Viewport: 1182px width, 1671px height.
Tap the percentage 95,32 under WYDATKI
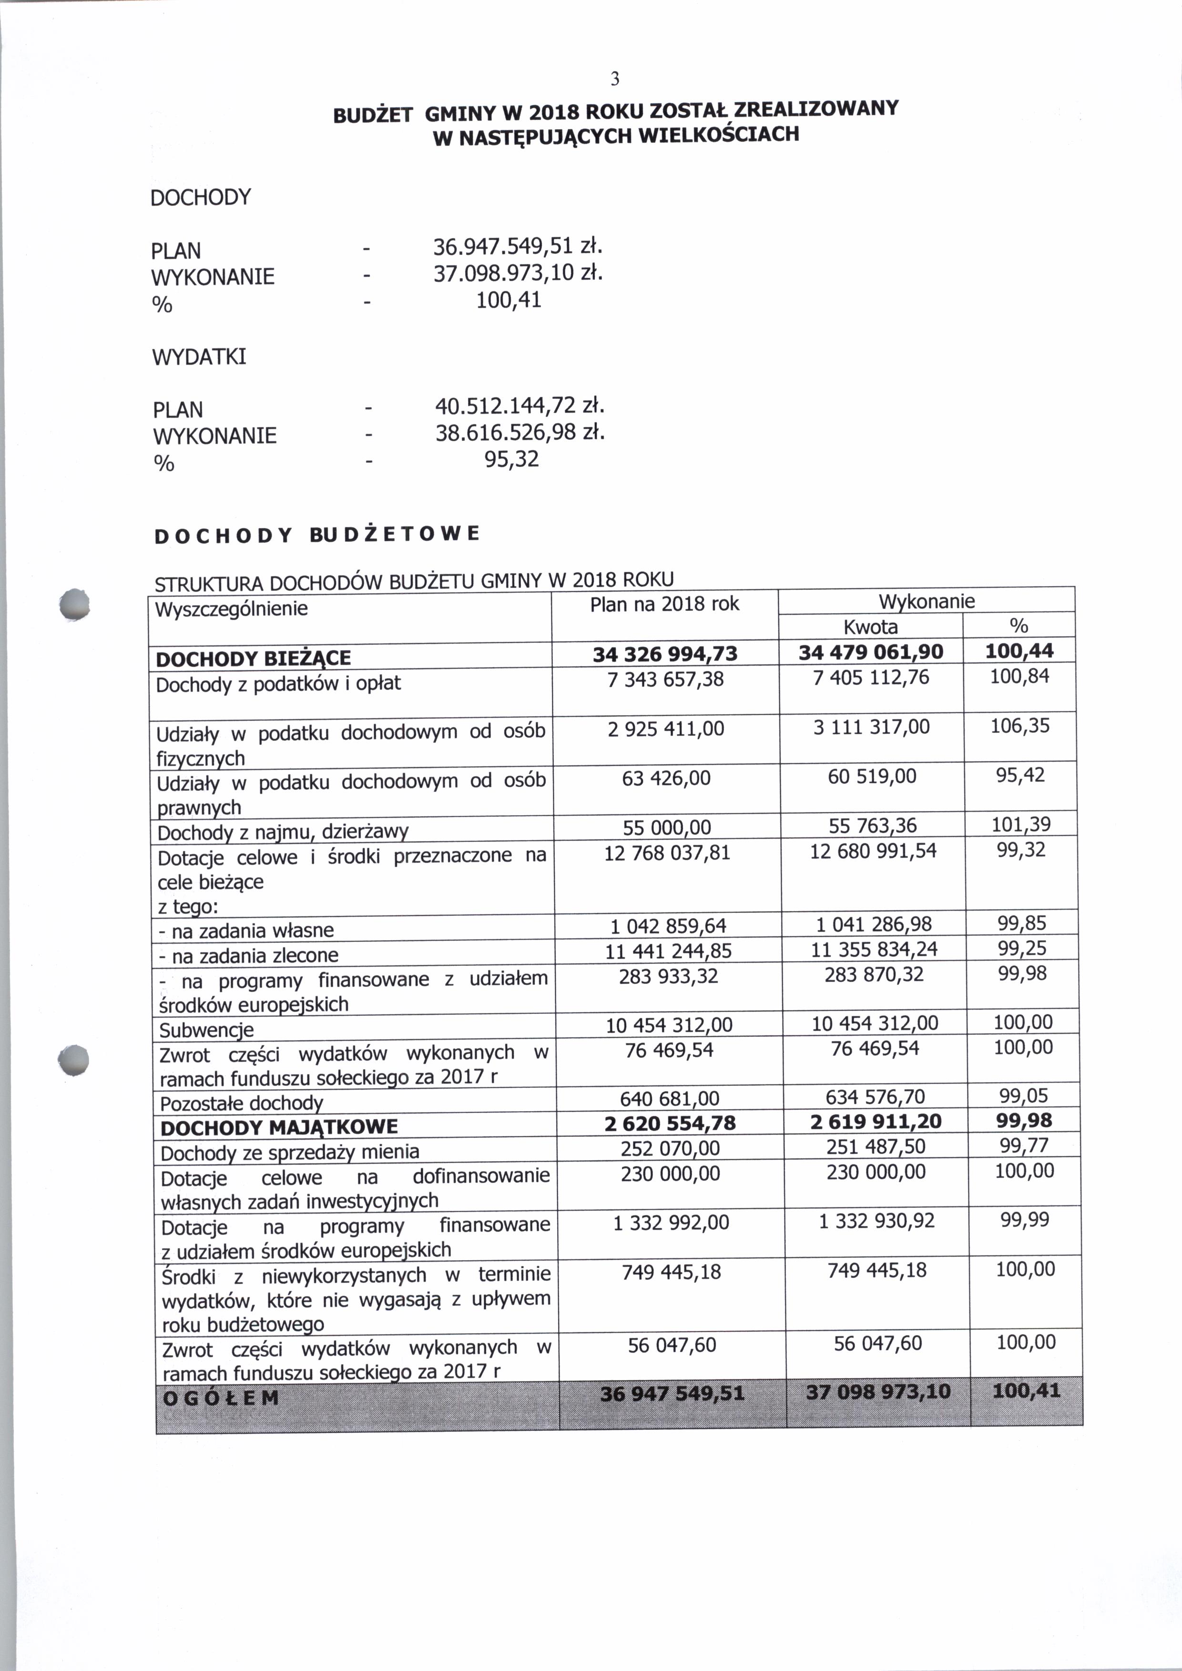click(x=512, y=459)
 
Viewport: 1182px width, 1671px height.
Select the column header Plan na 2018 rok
click(x=664, y=604)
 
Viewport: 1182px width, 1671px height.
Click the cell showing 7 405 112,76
click(x=871, y=678)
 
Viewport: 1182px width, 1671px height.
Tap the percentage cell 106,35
click(x=1019, y=726)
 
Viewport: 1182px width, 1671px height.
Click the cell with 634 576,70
click(x=875, y=1097)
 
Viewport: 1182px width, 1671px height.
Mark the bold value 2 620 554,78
click(x=670, y=1124)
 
